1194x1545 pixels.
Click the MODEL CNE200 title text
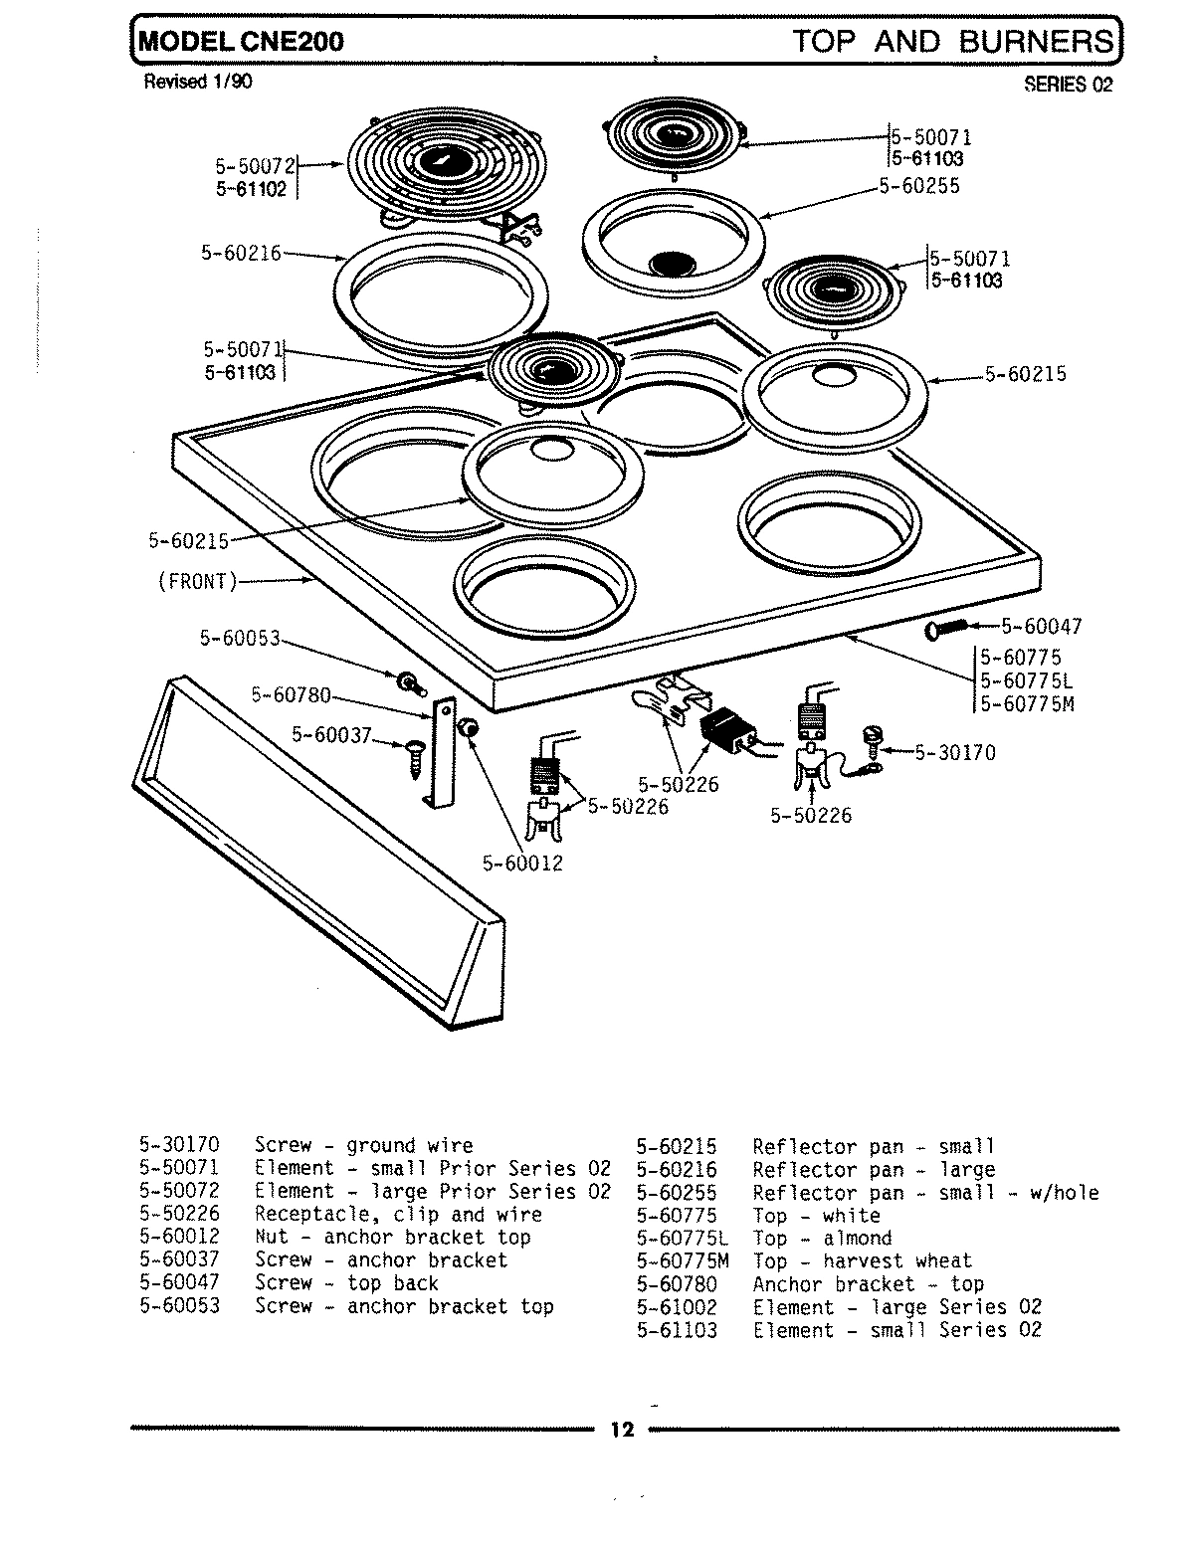tap(241, 41)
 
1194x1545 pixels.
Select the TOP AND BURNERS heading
tap(952, 41)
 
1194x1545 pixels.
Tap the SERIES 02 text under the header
tap(1068, 85)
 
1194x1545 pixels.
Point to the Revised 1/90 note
tap(198, 82)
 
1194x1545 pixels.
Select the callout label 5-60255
tap(919, 186)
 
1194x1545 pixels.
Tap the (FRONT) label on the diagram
tap(197, 581)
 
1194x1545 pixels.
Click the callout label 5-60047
tap(1041, 626)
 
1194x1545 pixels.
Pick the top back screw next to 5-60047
tap(945, 629)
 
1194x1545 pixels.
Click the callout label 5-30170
tap(954, 752)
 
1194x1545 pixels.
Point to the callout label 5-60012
tap(522, 863)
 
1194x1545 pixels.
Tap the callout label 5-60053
tap(240, 639)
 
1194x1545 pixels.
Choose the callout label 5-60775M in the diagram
tap(1027, 703)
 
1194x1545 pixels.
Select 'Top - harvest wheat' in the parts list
tap(862, 1260)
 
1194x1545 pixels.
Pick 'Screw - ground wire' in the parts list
tap(363, 1145)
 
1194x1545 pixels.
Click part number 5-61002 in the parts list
tap(677, 1306)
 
